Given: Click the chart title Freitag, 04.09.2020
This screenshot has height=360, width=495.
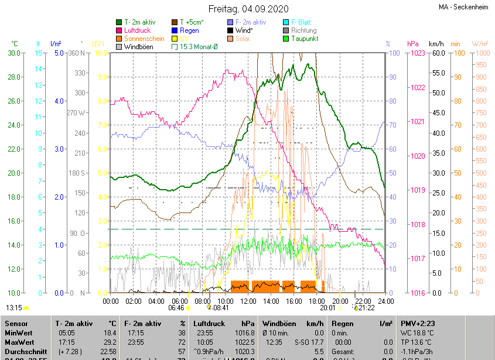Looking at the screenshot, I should pyautogui.click(x=248, y=9).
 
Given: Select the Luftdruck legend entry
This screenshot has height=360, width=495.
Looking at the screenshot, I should pyautogui.click(x=137, y=30).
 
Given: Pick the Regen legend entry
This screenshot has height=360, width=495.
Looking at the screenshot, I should pyautogui.click(x=189, y=30).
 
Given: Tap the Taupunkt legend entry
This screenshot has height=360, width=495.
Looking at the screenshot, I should pyautogui.click(x=304, y=39).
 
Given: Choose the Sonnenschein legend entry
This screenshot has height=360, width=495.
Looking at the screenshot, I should pyautogui.click(x=144, y=39).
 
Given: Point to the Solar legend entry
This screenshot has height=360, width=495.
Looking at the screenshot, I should pyautogui.click(x=243, y=39).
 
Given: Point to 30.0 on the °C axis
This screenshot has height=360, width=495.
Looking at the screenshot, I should pyautogui.click(x=14, y=53).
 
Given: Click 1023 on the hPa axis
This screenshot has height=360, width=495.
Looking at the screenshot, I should pyautogui.click(x=417, y=53).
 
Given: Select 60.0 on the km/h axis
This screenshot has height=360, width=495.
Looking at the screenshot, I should pyautogui.click(x=437, y=53).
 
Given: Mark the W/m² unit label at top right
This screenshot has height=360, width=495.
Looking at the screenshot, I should pyautogui.click(x=480, y=44).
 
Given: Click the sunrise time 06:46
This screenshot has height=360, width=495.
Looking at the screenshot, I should pyautogui.click(x=176, y=307).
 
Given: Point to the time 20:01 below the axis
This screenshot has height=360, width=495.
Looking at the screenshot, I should pyautogui.click(x=327, y=307).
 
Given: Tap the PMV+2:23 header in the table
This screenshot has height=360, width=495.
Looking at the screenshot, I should pyautogui.click(x=417, y=323).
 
